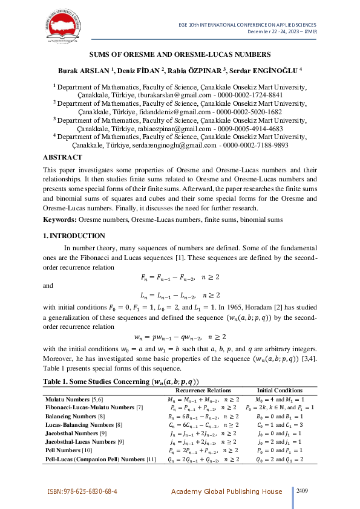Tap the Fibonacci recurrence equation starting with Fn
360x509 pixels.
pos(180,277)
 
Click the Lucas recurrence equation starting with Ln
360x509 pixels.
pos(180,295)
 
